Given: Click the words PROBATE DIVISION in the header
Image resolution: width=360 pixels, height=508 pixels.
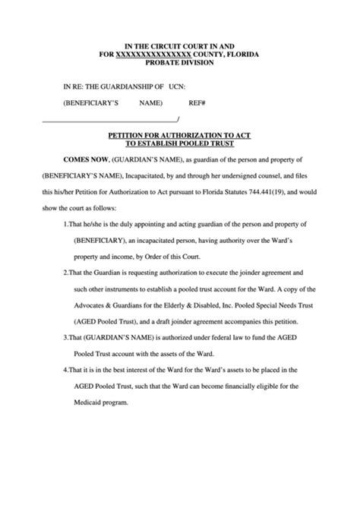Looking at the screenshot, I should (181, 63).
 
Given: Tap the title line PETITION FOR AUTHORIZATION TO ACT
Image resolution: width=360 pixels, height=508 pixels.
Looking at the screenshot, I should (180, 134).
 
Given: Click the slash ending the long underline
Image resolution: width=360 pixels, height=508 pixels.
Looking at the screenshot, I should (178, 118).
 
